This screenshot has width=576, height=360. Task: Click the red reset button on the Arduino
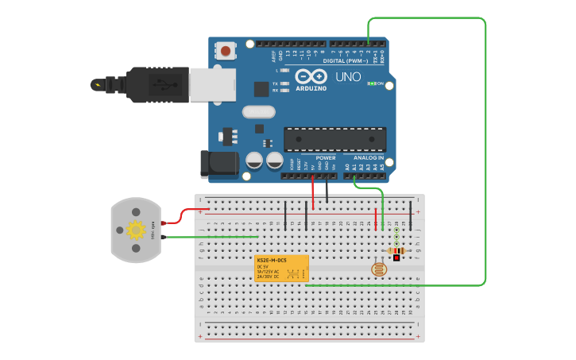pos(226,52)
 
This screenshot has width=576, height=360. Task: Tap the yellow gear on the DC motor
pos(136,230)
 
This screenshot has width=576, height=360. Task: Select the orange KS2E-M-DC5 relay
pos(281,269)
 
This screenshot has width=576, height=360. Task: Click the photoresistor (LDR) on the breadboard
pos(380,269)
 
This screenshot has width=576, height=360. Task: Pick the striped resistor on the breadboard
pos(396,251)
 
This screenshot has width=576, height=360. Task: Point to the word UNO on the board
pos(348,77)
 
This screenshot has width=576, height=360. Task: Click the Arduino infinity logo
pos(311,76)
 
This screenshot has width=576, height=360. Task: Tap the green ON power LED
pos(371,83)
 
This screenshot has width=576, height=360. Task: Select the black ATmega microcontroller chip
pos(334,139)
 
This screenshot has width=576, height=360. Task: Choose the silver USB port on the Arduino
pos(212,84)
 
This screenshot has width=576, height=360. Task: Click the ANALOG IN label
pos(369,157)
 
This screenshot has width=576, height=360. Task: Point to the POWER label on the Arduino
pos(326,157)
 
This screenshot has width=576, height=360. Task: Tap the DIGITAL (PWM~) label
pos(346,61)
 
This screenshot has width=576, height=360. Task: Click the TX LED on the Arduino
pos(284,83)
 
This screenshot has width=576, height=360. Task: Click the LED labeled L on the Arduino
pos(284,71)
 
